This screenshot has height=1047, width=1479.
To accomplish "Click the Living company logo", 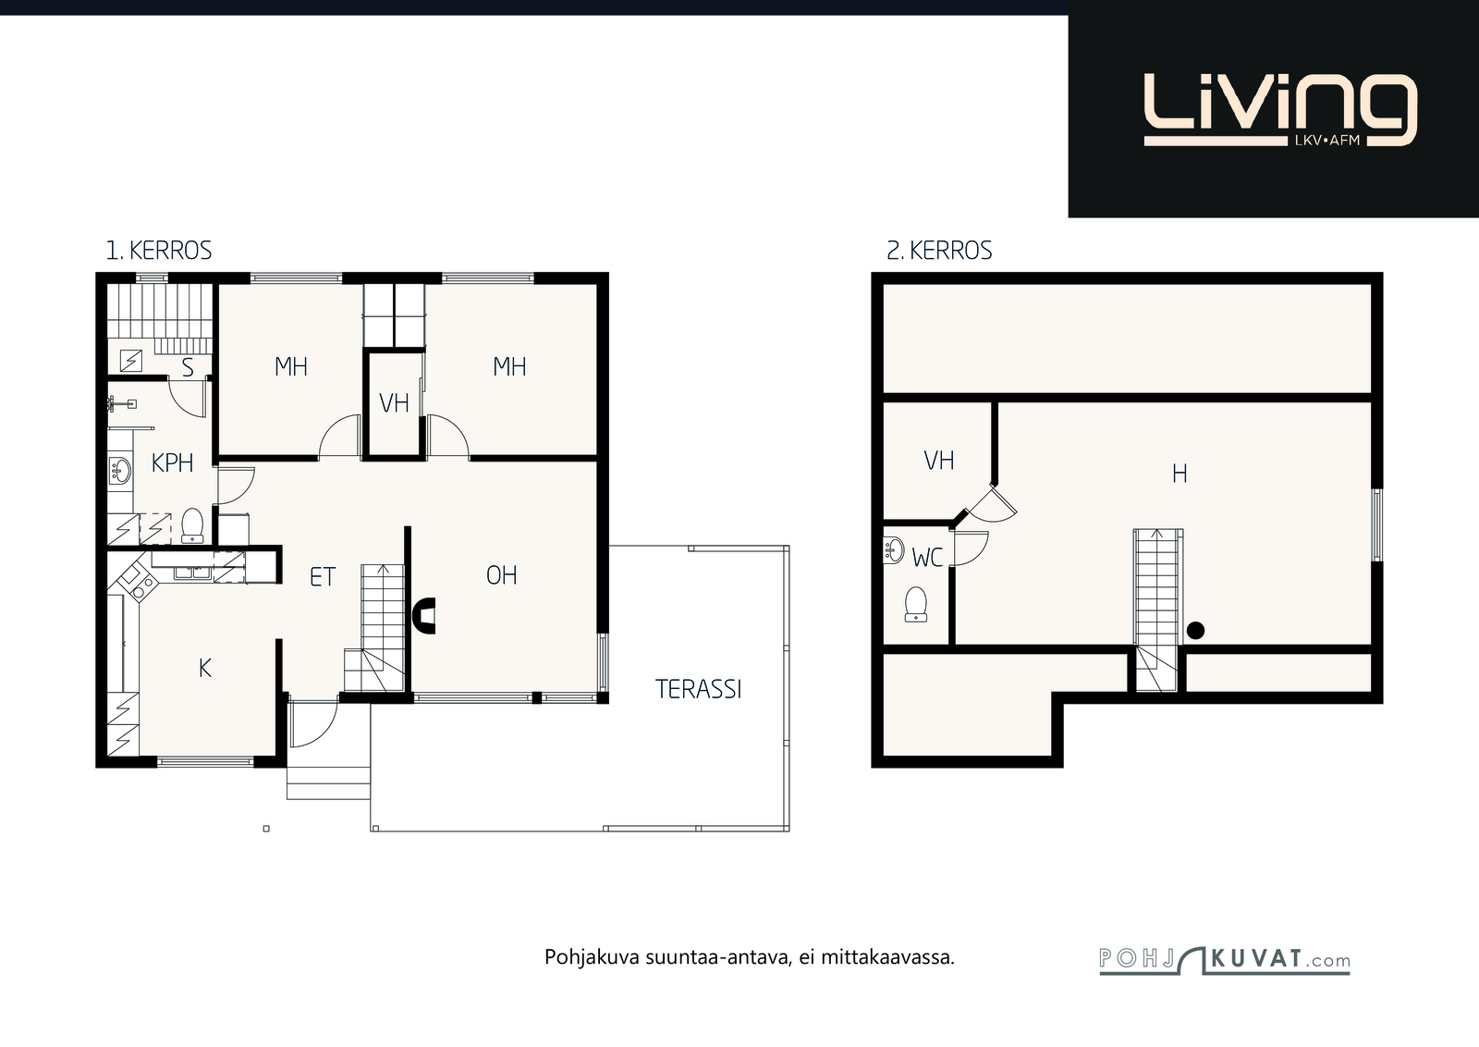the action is click(x=1280, y=109).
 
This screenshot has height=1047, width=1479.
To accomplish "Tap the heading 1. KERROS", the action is click(x=158, y=251).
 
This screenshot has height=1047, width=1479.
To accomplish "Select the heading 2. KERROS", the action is click(x=939, y=251).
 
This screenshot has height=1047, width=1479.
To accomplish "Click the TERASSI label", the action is click(x=699, y=690).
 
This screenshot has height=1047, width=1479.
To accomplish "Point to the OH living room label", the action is click(x=501, y=575).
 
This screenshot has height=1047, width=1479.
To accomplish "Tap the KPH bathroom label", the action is click(x=172, y=463).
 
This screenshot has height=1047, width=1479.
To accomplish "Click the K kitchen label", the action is click(x=204, y=669).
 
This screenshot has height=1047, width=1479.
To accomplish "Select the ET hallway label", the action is click(x=323, y=577).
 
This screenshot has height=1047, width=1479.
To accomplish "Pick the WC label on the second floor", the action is click(x=927, y=558).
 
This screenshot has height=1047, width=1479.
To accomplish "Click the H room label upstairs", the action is click(x=1180, y=473).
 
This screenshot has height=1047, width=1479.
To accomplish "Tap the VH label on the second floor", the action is click(x=938, y=461).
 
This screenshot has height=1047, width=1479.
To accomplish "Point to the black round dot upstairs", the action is click(x=1195, y=631).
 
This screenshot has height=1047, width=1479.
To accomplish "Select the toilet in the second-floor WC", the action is click(x=916, y=604).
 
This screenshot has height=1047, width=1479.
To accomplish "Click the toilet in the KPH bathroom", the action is click(x=192, y=525).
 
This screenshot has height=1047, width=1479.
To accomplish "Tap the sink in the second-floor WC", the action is click(x=893, y=549).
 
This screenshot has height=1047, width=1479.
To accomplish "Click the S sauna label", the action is click(x=188, y=367).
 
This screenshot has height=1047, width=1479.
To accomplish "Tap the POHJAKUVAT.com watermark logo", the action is click(x=1224, y=960).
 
